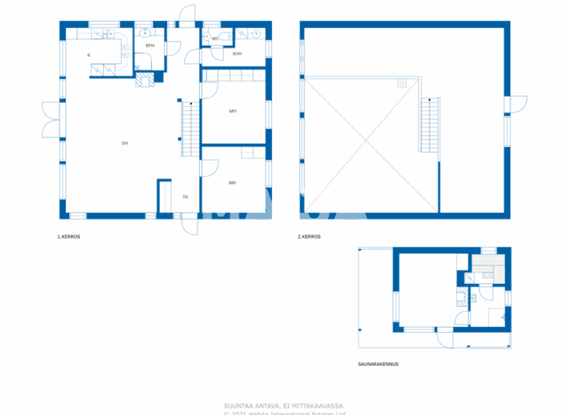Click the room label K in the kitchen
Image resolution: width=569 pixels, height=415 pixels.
tap(89, 56)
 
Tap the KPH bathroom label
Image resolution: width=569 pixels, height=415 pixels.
tap(150, 46)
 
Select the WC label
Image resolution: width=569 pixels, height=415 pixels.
tap(215, 39)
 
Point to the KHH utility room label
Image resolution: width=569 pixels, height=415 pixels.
tap(237, 54)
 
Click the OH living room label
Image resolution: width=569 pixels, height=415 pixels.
tap(125, 143)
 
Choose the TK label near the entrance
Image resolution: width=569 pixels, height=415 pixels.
tap(185, 197)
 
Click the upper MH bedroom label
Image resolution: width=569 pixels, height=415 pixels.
tap(233, 111)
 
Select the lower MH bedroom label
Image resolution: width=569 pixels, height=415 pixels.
tap(233, 182)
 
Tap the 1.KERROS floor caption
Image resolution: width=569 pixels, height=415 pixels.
tap(69, 237)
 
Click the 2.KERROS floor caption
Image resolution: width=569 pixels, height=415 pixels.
tap(309, 237)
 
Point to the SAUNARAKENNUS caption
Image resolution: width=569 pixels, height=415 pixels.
tap(378, 365)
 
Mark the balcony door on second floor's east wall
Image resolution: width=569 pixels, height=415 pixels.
tap(517, 104)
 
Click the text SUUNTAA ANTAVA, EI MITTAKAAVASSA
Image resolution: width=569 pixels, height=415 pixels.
tap(284, 405)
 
